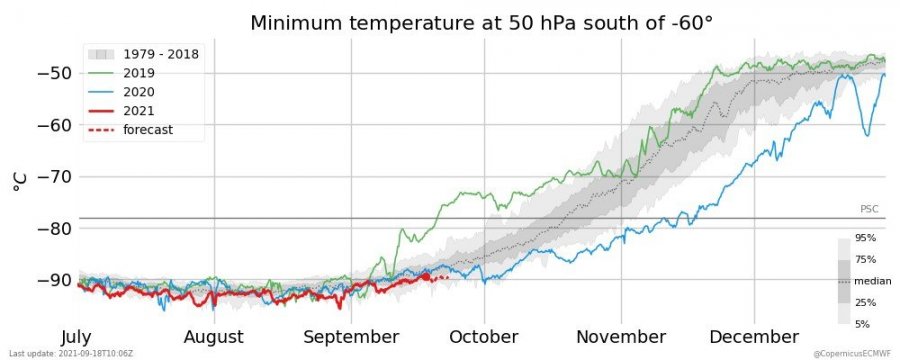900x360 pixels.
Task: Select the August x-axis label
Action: click(x=213, y=336)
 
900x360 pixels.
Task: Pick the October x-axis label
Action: click(x=483, y=336)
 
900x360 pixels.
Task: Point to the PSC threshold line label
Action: click(x=868, y=209)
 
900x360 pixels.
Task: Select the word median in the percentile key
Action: click(x=872, y=281)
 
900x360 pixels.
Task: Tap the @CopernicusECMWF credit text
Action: click(x=852, y=353)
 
